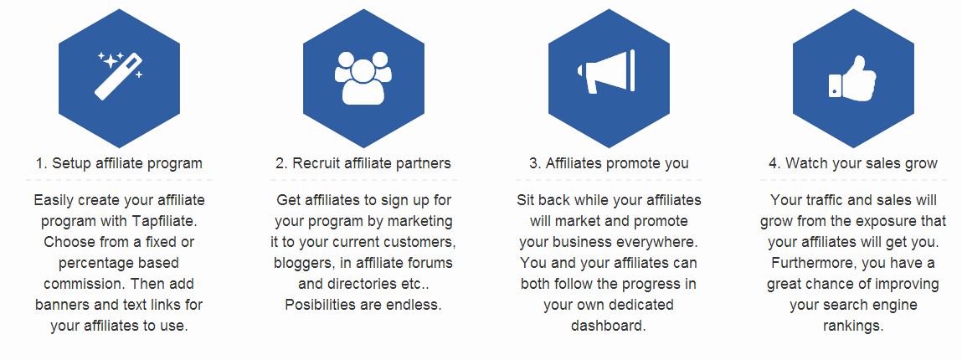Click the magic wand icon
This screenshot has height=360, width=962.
(118, 77)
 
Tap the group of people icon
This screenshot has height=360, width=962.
(363, 78)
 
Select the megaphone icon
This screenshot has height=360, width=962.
(606, 72)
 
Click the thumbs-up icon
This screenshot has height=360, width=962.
(853, 77)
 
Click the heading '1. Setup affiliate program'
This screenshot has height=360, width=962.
(119, 163)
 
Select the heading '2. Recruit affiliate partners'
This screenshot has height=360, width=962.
(363, 163)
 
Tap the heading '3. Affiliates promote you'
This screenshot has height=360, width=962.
(609, 163)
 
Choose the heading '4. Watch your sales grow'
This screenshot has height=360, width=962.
(853, 163)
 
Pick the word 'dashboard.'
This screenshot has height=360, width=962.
(609, 326)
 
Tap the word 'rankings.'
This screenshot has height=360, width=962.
(853, 326)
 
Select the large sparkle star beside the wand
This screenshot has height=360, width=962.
(111, 61)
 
